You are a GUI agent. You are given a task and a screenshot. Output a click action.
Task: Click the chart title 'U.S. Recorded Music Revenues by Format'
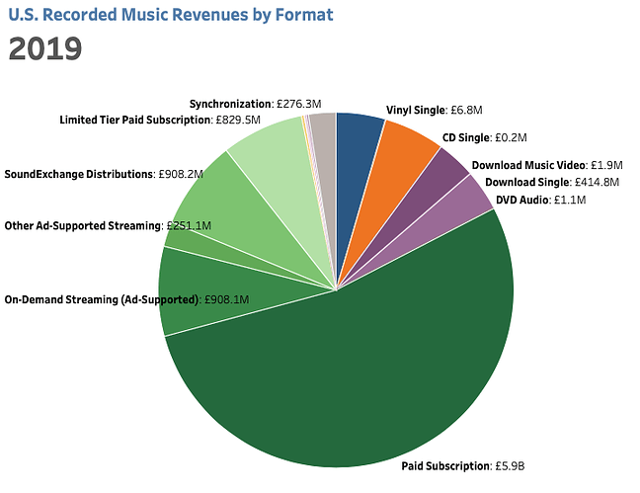point(171,16)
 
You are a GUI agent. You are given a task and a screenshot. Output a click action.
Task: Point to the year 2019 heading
point(44,50)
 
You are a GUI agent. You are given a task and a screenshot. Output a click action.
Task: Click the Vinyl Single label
point(414,111)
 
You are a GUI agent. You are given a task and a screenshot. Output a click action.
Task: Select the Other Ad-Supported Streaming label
point(84,225)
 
